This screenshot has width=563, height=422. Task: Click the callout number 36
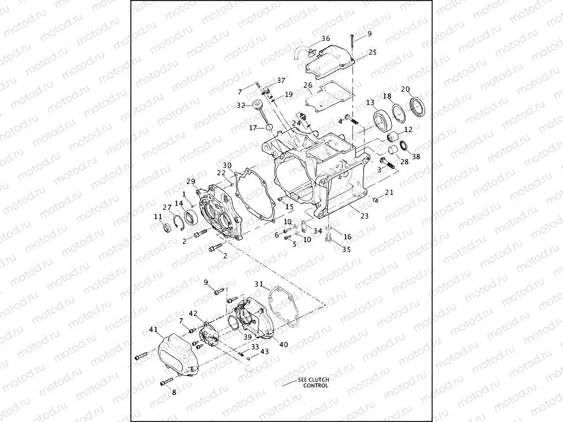point(326,39)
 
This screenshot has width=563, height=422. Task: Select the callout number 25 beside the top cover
point(372,52)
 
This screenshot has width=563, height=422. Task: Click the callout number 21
point(389,193)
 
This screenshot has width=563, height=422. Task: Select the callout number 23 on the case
point(364,217)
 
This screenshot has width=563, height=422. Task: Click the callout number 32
point(241,105)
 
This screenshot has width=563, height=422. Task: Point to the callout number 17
point(252,128)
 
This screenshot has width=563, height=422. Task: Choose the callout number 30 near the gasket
point(227,165)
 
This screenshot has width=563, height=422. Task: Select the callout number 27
point(167,208)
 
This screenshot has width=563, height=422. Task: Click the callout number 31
point(259,284)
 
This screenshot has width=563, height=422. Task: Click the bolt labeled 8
point(166,382)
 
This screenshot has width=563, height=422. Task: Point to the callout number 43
point(264,351)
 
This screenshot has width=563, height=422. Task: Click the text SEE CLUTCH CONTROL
point(313,383)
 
